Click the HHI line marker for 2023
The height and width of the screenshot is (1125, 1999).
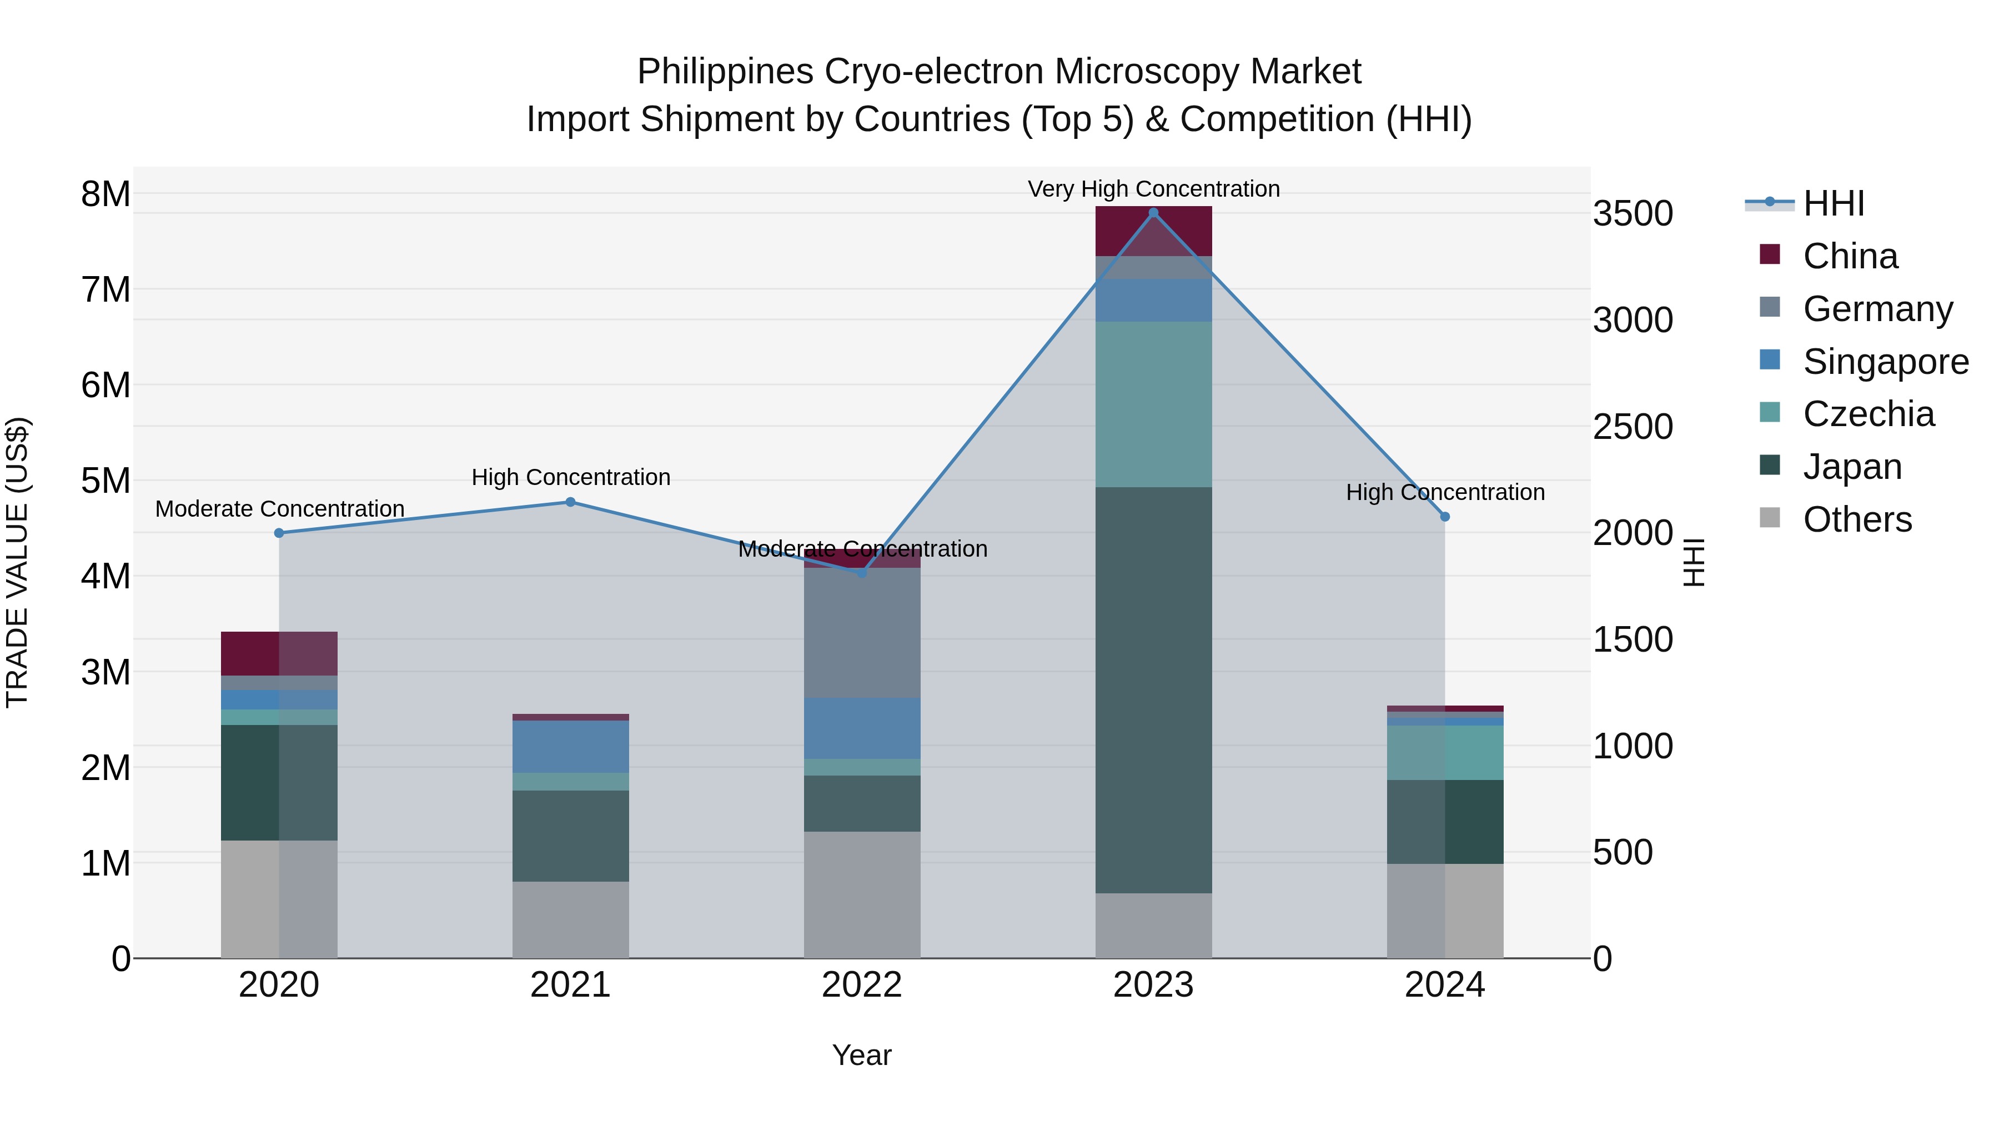(x=1153, y=213)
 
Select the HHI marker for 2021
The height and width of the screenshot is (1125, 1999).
(x=570, y=502)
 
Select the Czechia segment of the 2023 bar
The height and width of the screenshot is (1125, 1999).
(x=1153, y=404)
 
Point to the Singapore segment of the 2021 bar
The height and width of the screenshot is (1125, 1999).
(x=570, y=746)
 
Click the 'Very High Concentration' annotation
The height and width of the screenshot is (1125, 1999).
(x=1153, y=189)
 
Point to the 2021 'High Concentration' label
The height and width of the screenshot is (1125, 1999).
(x=570, y=477)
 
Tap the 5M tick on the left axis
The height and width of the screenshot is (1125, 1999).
(x=106, y=481)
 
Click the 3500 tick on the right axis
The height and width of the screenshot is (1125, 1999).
(x=1633, y=213)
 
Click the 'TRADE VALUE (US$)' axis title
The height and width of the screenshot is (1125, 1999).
(x=17, y=562)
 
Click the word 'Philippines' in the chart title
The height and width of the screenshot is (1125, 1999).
(x=725, y=72)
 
